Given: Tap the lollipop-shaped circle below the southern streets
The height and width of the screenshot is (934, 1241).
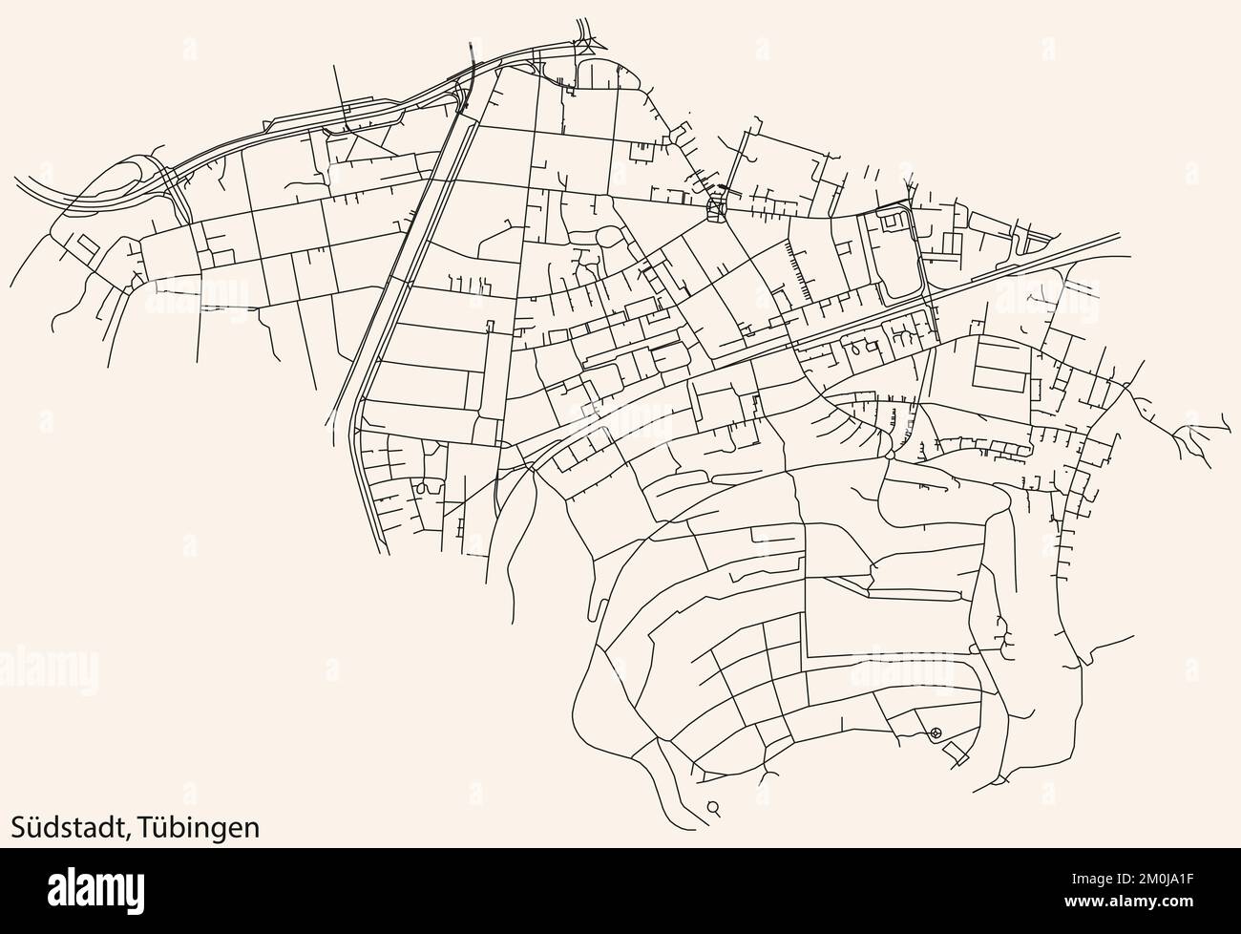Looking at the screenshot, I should (x=713, y=807).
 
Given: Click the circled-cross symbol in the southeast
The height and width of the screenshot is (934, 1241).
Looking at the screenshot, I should (x=935, y=732).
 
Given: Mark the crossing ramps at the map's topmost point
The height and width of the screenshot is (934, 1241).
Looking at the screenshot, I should (x=584, y=38).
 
